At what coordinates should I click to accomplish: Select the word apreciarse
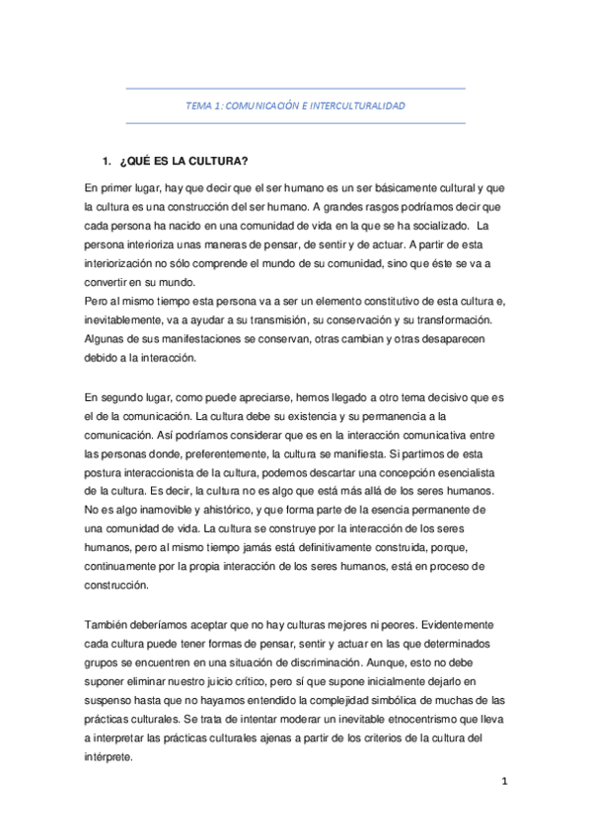[x=265, y=396]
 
